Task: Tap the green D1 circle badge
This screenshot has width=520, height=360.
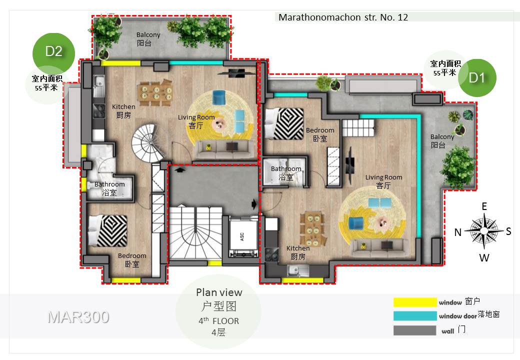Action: coord(477,78)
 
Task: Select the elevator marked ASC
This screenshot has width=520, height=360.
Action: coord(243,236)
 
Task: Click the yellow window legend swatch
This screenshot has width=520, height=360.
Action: coord(415,302)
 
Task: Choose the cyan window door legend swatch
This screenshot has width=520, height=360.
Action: coord(415,316)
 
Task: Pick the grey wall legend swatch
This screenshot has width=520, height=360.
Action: coord(415,330)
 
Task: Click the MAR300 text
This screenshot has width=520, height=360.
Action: coord(78,317)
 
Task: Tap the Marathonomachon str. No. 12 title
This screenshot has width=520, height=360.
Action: coord(343,17)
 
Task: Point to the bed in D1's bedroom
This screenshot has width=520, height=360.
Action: coord(285,123)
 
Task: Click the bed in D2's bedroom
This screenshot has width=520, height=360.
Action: coord(108,230)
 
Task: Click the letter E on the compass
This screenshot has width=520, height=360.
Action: coord(484,206)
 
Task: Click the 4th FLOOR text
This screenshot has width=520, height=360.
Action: coord(219,321)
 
